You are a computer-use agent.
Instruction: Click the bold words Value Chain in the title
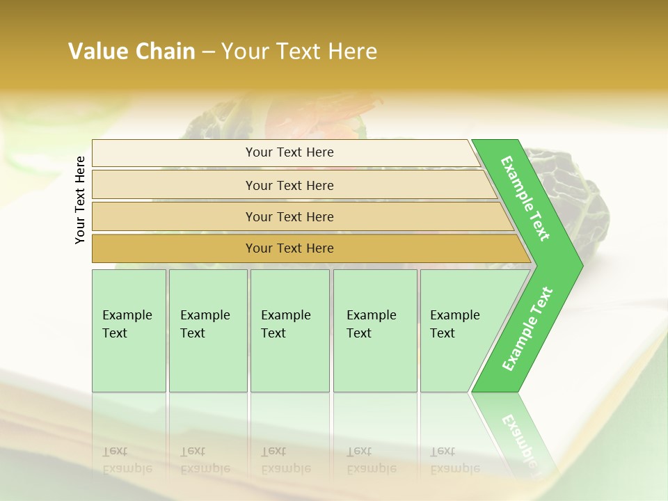pyautogui.click(x=132, y=51)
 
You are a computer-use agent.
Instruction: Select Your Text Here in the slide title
pyautogui.click(x=299, y=51)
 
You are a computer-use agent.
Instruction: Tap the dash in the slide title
pyautogui.click(x=208, y=52)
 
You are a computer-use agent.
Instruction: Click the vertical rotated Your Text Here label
pyautogui.click(x=80, y=200)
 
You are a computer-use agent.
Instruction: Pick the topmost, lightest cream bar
pyautogui.click(x=289, y=152)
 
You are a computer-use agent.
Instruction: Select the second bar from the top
pyautogui.click(x=289, y=185)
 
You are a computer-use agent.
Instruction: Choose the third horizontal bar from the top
pyautogui.click(x=289, y=216)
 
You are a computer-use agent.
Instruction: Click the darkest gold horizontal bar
pyautogui.click(x=289, y=248)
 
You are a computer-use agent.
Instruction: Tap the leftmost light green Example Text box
pyautogui.click(x=129, y=331)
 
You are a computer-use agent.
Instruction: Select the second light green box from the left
pyautogui.click(x=207, y=331)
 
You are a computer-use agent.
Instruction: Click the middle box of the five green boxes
pyautogui.click(x=289, y=331)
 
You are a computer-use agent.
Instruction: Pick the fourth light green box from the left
pyautogui.click(x=374, y=331)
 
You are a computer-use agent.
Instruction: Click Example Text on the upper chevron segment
pyautogui.click(x=525, y=198)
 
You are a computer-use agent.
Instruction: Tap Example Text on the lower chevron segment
pyautogui.click(x=527, y=328)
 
